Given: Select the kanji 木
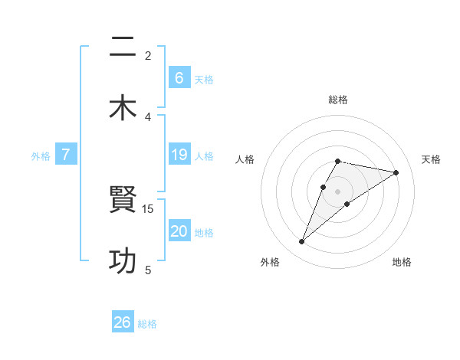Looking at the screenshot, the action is pyautogui.click(x=123, y=108).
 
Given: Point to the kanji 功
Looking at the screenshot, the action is pyautogui.click(x=123, y=261).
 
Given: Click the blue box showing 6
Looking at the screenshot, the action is pyautogui.click(x=179, y=77).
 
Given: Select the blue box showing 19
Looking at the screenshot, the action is pyautogui.click(x=179, y=155).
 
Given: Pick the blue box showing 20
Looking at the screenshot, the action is pyautogui.click(x=179, y=231).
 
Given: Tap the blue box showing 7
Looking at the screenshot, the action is pyautogui.click(x=66, y=155).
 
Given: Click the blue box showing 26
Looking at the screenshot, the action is pyautogui.click(x=123, y=322).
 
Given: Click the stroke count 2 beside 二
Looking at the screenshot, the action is pyautogui.click(x=148, y=55).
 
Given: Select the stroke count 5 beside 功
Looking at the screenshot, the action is pyautogui.click(x=148, y=270).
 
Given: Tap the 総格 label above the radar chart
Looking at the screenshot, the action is pyautogui.click(x=337, y=100).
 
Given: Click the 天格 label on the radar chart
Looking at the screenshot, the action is pyautogui.click(x=431, y=159).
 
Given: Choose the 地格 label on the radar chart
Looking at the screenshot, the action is pyautogui.click(x=402, y=262).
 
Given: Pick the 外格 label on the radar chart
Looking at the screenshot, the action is pyautogui.click(x=270, y=262).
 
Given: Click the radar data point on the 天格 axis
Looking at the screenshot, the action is pyautogui.click(x=396, y=172).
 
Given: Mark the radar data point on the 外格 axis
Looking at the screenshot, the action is pyautogui.click(x=301, y=242).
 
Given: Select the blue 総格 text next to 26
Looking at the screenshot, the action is pyautogui.click(x=147, y=324).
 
